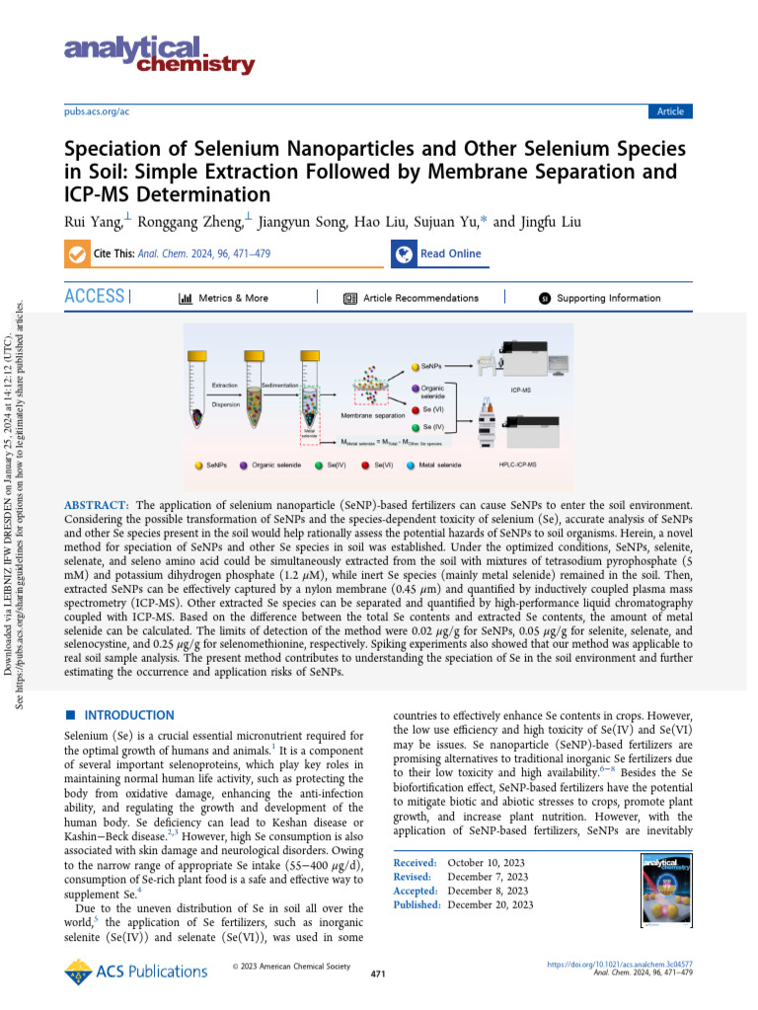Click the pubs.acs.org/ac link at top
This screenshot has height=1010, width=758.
[96, 111]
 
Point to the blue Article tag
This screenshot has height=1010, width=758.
[670, 111]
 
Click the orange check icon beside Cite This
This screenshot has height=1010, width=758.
[76, 253]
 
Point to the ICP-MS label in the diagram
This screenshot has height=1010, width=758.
[522, 391]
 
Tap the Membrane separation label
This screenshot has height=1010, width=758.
[373, 416]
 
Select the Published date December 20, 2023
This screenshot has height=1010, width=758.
[491, 904]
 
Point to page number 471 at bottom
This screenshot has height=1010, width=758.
[377, 974]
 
